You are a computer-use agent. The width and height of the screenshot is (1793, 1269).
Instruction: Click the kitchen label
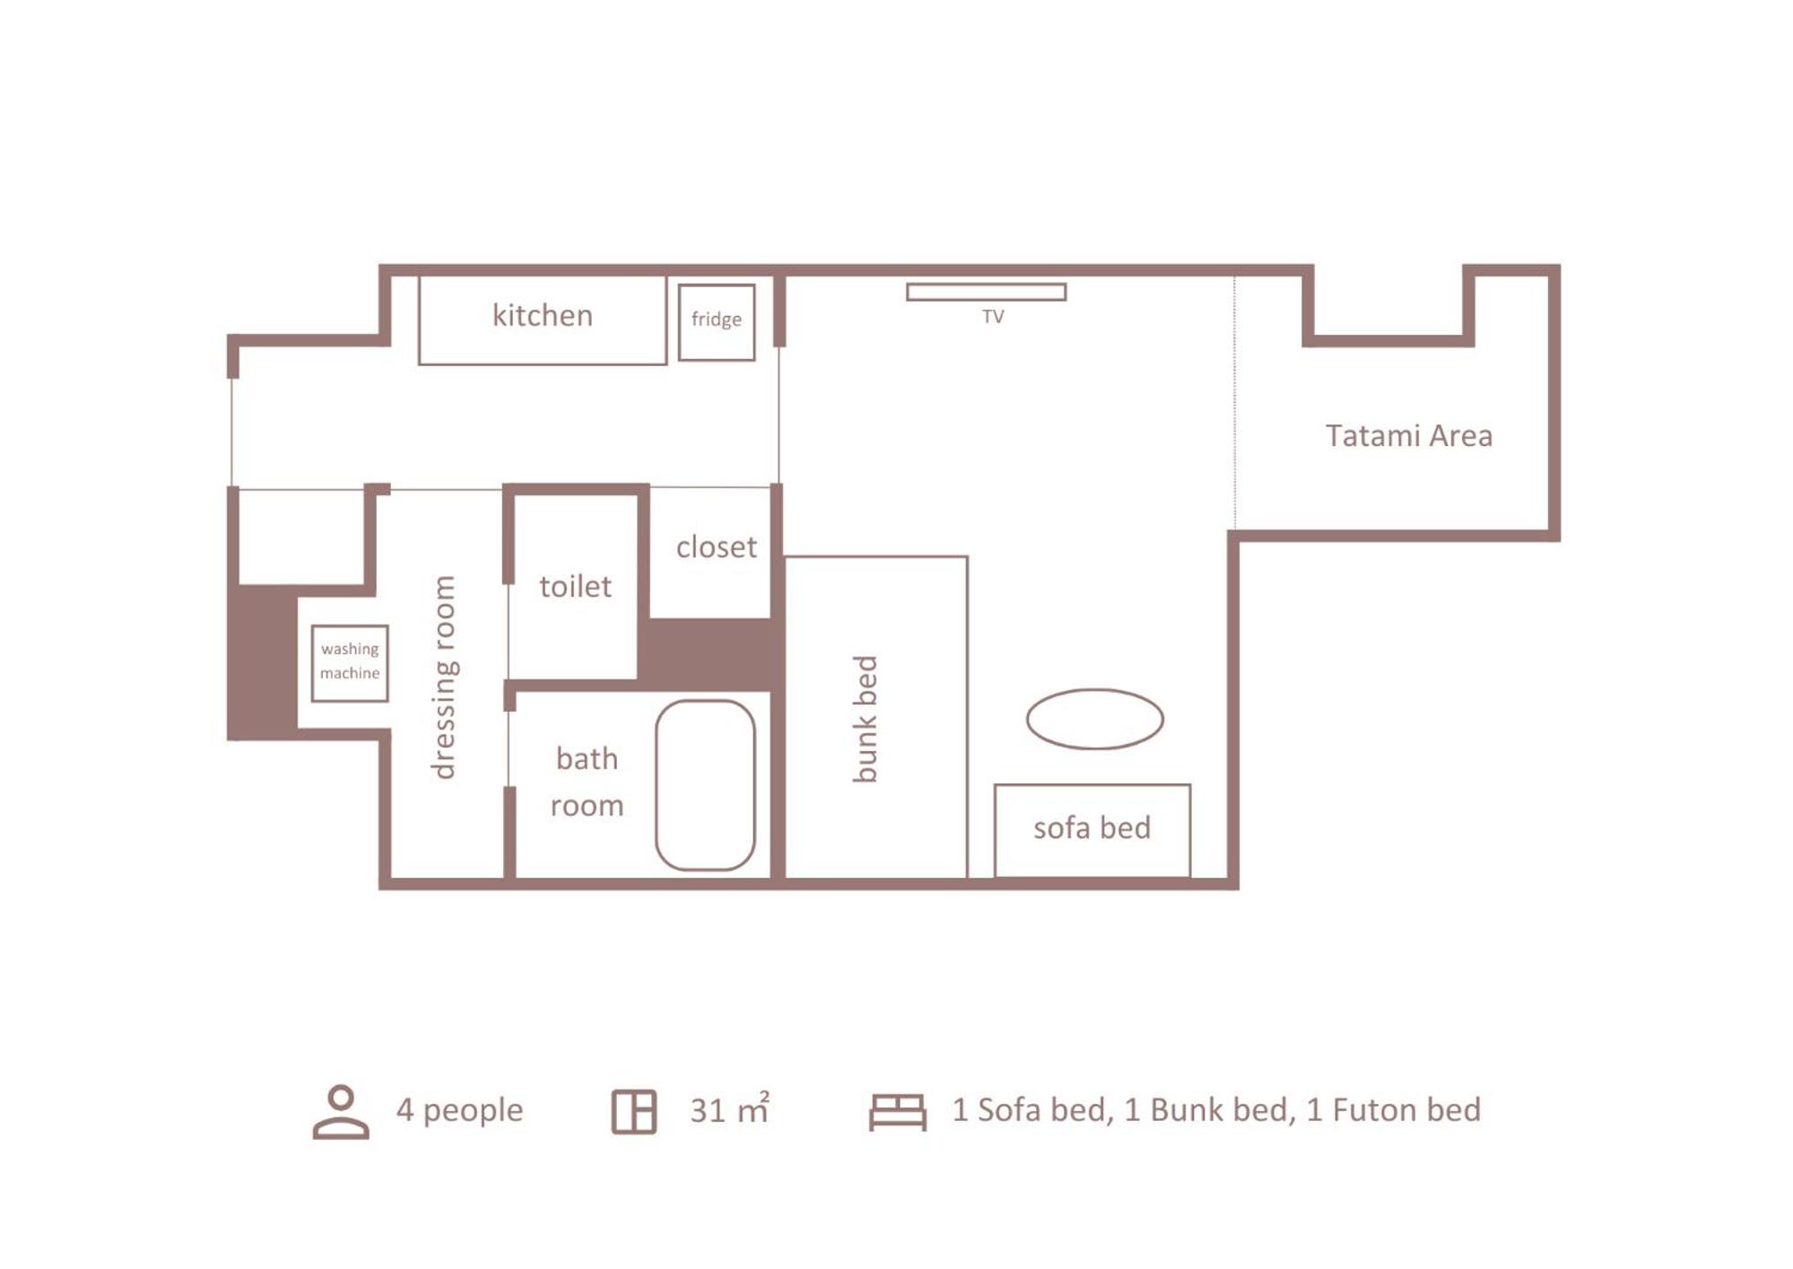[x=543, y=315]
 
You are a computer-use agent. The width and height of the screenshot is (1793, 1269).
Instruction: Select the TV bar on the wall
[x=987, y=292]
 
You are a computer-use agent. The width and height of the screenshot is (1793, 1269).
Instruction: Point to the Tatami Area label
[x=1409, y=435]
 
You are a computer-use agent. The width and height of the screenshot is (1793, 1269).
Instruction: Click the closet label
[x=717, y=547]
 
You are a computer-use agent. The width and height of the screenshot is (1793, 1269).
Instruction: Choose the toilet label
[x=575, y=586]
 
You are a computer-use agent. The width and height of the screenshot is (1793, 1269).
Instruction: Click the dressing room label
[x=443, y=678]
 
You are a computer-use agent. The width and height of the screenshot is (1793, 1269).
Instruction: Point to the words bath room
[x=587, y=782]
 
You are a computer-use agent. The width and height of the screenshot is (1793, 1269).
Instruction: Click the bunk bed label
[x=865, y=719]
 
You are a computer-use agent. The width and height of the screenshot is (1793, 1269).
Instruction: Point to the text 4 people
[x=459, y=1111]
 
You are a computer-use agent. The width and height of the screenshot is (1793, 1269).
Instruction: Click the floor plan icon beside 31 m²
[x=634, y=1112]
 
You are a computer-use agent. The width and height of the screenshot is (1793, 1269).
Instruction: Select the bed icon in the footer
[x=898, y=1112]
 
